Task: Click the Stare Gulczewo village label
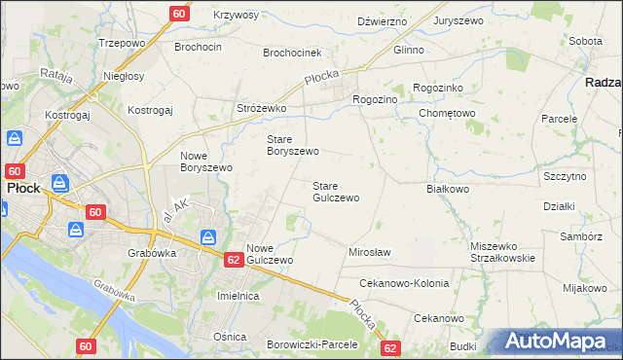[335, 192]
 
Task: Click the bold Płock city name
[21, 189]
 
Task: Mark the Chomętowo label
[447, 113]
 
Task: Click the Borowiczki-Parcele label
[312, 344]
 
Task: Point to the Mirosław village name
[369, 252]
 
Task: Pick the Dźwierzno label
[381, 19]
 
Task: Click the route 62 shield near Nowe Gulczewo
[233, 260]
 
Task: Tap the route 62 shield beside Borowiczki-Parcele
[390, 347]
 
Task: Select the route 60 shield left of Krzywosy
[178, 14]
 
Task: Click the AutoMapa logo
[557, 342]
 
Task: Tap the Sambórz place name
[581, 235]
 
